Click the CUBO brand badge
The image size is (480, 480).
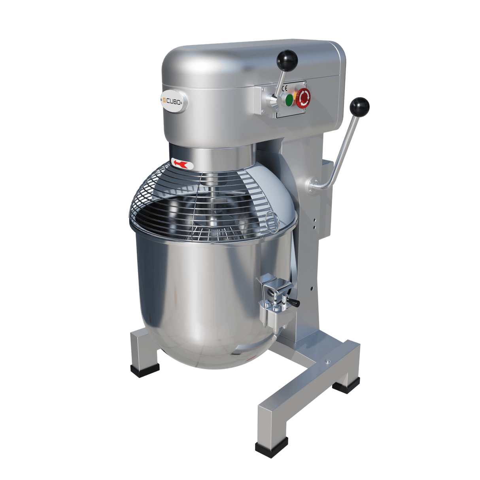coord(174,101)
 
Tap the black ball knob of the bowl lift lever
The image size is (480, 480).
coord(359,106)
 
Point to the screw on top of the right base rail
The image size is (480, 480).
coord(327,361)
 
